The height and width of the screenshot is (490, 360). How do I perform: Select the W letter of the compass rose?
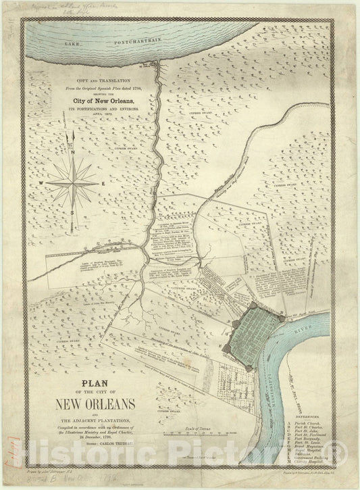pos(41,183)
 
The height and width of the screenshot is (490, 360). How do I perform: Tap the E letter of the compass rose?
pos(101,183)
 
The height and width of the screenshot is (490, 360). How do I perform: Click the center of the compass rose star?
pos(72,182)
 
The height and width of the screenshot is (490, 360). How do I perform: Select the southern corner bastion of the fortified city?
pos(251,366)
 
